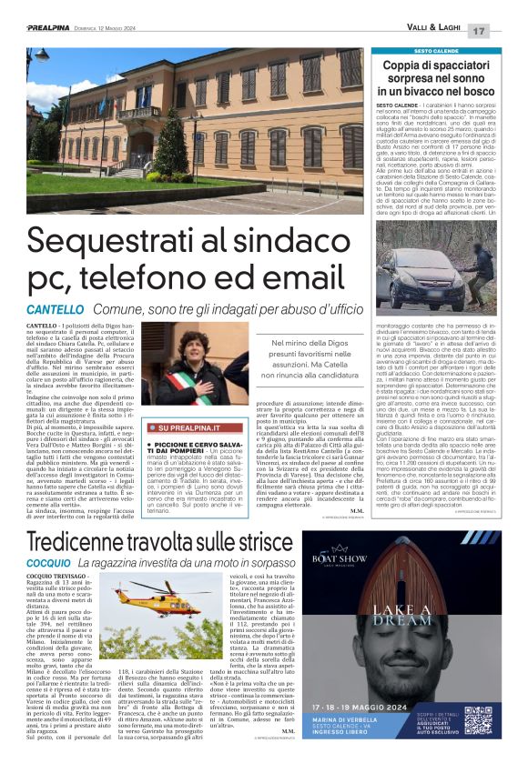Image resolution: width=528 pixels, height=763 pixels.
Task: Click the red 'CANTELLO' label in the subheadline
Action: tap(55, 310)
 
